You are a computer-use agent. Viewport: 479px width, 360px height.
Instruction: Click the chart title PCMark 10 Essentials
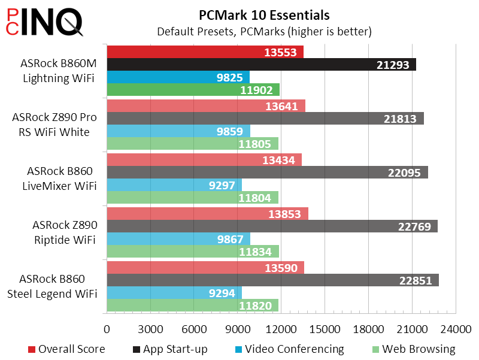pyautogui.click(x=264, y=15)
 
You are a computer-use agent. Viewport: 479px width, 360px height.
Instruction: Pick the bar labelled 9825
pyautogui.click(x=178, y=77)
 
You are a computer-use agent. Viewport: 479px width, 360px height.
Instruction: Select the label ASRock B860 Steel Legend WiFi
pyautogui.click(x=58, y=286)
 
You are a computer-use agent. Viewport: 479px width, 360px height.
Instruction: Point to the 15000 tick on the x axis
pyautogui.click(x=325, y=329)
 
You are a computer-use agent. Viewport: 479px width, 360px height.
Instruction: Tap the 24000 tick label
pyautogui.click(x=456, y=329)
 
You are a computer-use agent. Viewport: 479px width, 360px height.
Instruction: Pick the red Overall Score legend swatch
pyautogui.click(x=32, y=349)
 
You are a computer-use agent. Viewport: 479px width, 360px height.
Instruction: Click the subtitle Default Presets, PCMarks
pyautogui.click(x=264, y=31)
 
